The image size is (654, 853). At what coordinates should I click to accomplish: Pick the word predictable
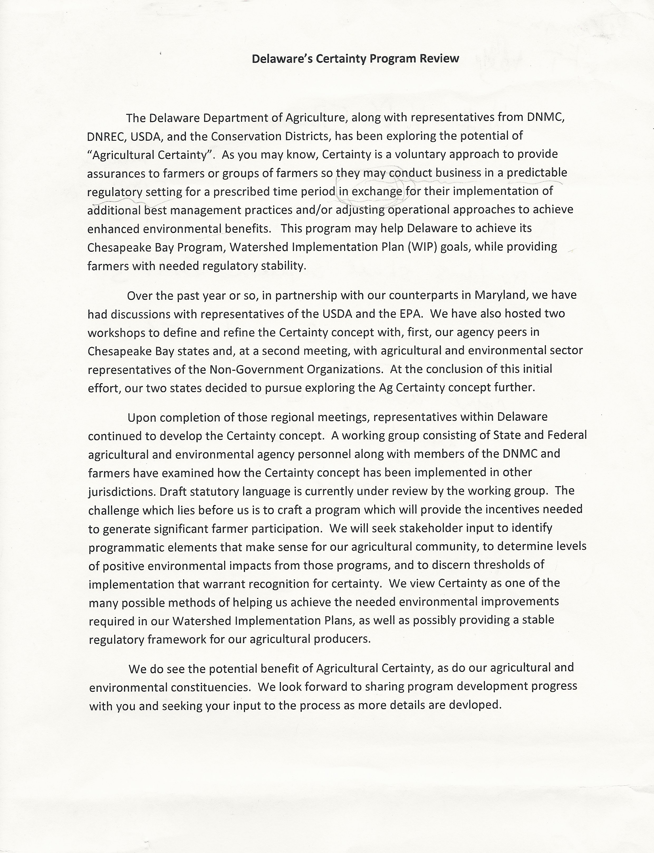tap(537, 173)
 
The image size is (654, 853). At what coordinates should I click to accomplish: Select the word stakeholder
tap(429, 528)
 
